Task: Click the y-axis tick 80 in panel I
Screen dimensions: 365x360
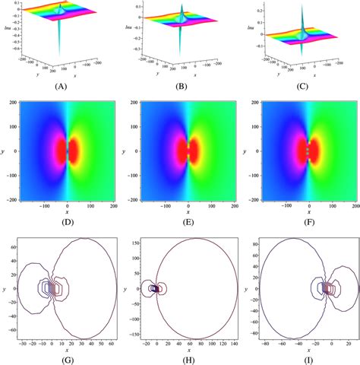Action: tap(253, 243)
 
